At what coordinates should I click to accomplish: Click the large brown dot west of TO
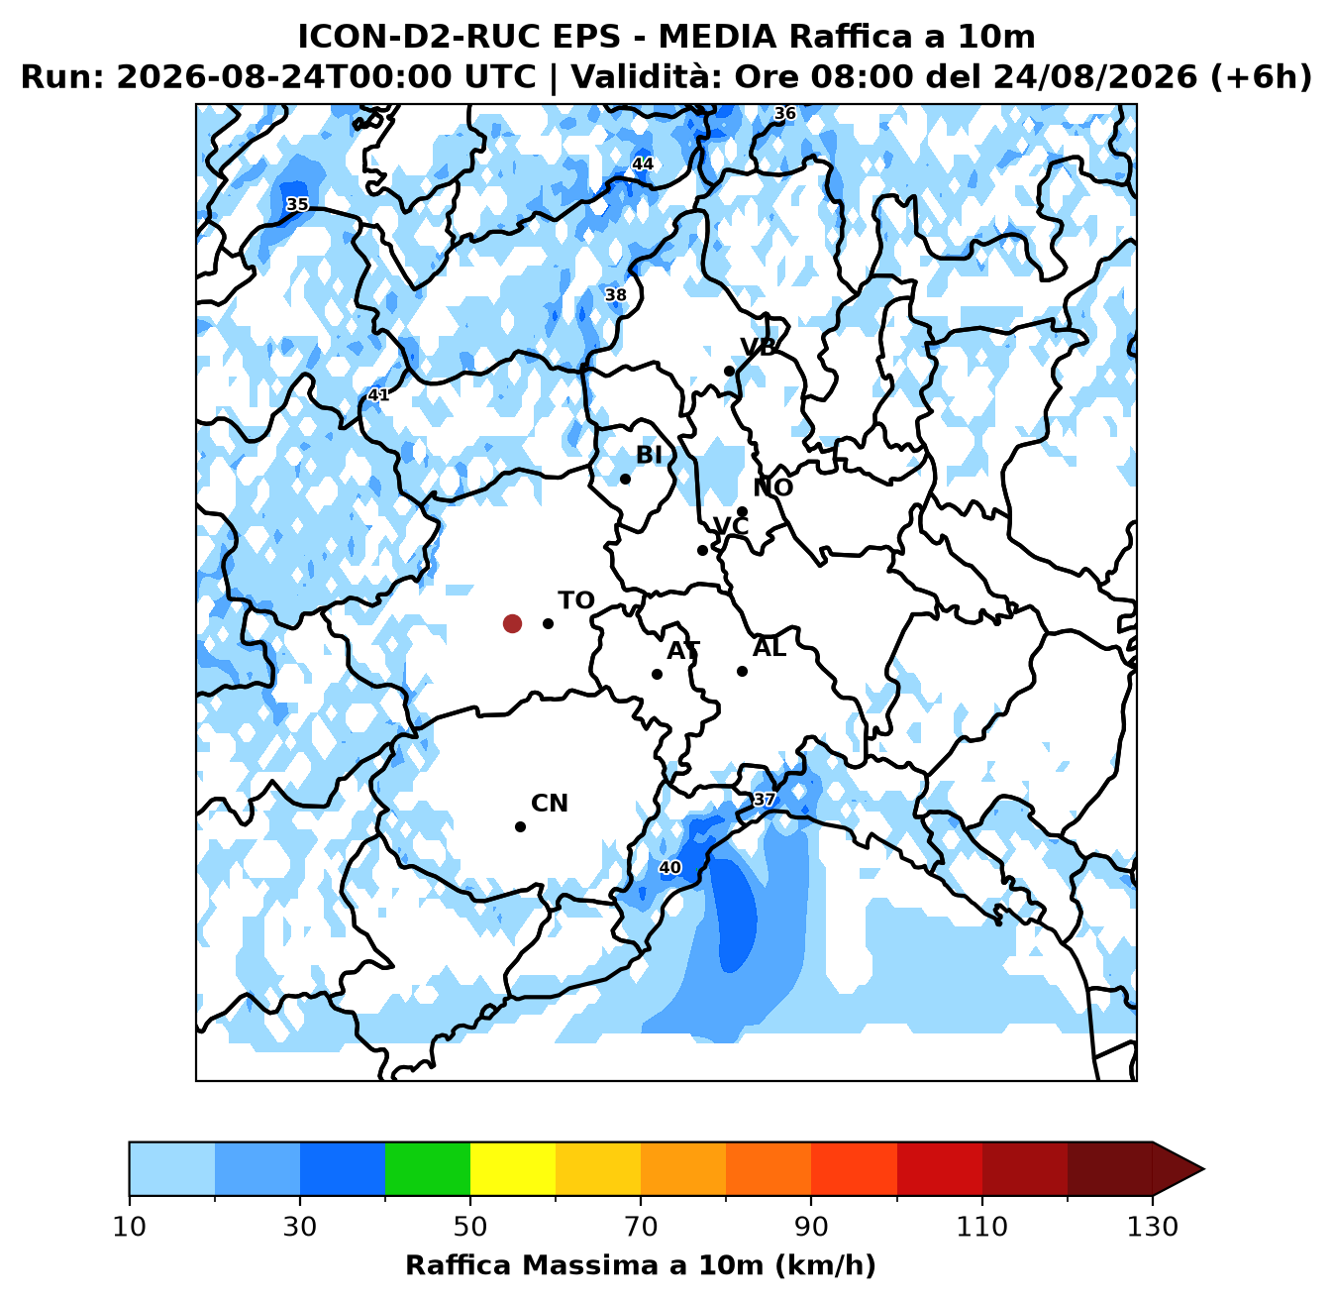pos(512,623)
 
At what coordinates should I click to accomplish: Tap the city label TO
pos(576,600)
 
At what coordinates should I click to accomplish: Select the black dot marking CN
pos(520,826)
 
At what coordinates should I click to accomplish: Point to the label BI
pos(649,455)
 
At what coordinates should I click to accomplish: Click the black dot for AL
pos(742,671)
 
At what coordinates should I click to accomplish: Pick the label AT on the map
pos(683,650)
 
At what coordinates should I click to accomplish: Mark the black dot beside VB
pos(730,371)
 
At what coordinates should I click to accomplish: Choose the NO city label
pos(773,488)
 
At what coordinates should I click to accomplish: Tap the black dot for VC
pos(702,551)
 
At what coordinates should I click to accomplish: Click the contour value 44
pos(643,163)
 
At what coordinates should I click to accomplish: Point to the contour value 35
pos(297,204)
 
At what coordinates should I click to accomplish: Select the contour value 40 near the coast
pos(669,868)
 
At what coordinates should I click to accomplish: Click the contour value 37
pos(764,800)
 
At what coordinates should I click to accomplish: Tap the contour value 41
pos(378,394)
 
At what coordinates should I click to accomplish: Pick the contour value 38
pos(615,294)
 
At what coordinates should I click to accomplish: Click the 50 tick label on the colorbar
pos(470,1227)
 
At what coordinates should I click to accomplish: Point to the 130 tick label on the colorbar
pos(1153,1227)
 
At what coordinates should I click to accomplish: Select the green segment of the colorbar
pos(428,1168)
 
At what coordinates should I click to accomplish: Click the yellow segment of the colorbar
pos(513,1168)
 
